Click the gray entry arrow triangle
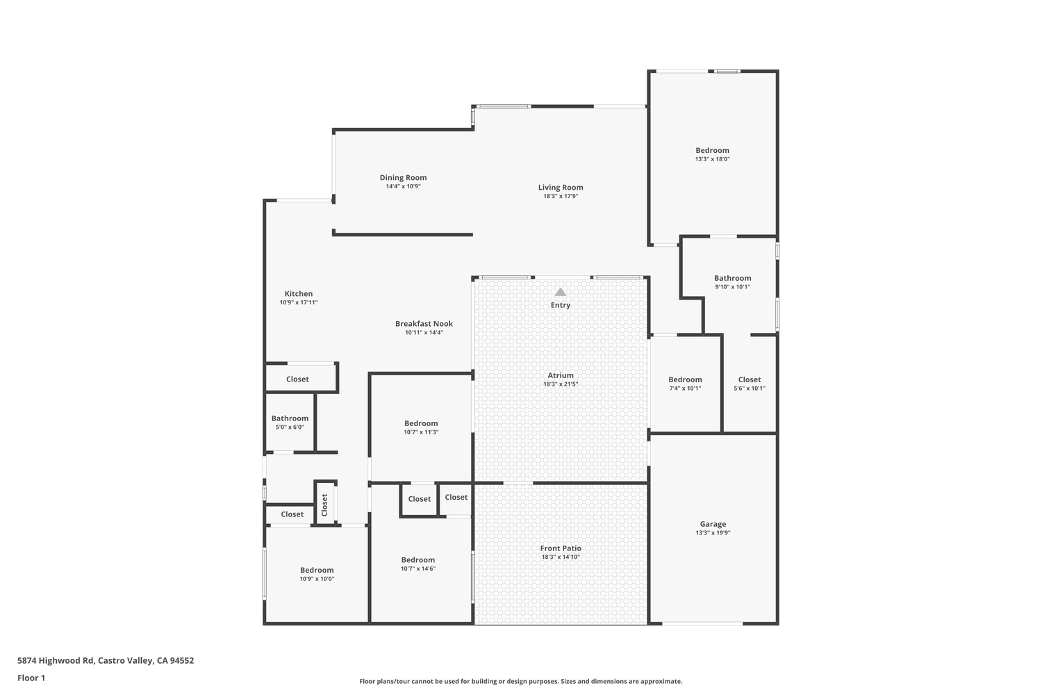pos(561,292)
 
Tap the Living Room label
pos(561,188)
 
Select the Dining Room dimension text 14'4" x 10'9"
pos(404,186)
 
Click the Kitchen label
pos(299,294)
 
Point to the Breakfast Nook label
pos(424,324)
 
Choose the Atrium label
pos(561,375)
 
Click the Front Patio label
pos(561,548)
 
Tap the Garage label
pos(713,524)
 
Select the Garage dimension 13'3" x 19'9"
pos(713,533)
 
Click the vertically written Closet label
pos(324,505)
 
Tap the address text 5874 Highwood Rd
pos(56,660)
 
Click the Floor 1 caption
pos(31,678)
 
